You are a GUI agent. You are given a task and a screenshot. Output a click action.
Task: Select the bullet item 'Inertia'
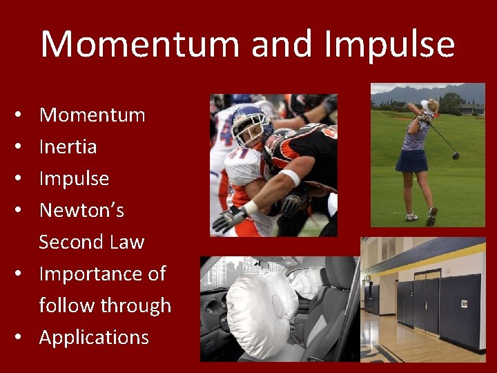tap(68, 146)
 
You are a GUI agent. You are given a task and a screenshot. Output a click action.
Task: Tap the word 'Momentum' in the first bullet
tap(92, 115)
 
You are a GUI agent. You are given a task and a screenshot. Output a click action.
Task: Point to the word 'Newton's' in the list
tap(81, 210)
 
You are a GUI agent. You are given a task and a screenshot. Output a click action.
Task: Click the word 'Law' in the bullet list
tap(126, 242)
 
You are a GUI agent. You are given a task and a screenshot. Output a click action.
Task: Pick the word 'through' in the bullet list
tap(137, 305)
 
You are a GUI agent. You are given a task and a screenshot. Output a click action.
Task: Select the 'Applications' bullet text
tap(94, 337)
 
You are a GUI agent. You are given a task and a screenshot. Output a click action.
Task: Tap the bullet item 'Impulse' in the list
tap(74, 178)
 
